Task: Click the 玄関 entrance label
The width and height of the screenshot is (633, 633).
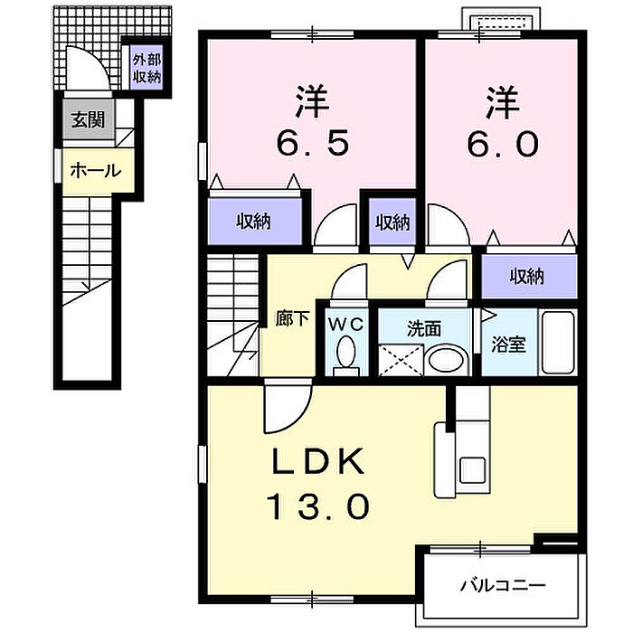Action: (x=88, y=120)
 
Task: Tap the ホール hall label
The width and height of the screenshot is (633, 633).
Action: (x=96, y=171)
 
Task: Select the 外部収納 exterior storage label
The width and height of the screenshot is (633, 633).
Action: (x=147, y=68)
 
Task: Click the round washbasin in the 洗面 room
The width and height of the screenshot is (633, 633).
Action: (x=446, y=359)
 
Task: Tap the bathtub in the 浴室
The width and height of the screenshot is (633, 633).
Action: (x=558, y=343)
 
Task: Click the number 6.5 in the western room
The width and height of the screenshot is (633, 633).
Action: (x=313, y=144)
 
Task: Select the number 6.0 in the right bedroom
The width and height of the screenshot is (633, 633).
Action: (x=503, y=144)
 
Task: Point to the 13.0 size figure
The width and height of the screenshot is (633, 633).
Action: (x=317, y=507)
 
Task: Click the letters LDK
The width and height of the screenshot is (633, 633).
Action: (x=318, y=461)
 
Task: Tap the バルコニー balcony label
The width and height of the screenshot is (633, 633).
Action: (x=503, y=585)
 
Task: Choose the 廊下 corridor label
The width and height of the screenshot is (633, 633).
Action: (x=292, y=319)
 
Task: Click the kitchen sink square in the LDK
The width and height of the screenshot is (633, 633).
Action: (x=472, y=469)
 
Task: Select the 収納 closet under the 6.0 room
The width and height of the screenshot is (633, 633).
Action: (x=526, y=276)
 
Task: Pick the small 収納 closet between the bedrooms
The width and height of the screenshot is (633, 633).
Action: (x=392, y=222)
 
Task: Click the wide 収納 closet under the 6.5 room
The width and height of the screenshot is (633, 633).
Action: (x=253, y=222)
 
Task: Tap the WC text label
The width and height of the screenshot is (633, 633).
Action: (x=345, y=324)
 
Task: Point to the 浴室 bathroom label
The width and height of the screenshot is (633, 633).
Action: (x=508, y=345)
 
